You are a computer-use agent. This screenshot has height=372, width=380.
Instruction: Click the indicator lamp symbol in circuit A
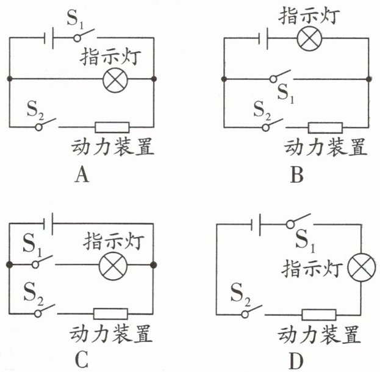pos(114,80)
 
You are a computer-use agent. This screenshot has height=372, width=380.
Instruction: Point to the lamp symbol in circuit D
pos(359,268)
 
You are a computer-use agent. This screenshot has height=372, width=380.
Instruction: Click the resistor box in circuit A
pos(113,127)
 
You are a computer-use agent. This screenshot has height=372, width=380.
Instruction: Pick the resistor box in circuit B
pos(324,128)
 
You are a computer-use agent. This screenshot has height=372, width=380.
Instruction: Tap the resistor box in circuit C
pos(110,313)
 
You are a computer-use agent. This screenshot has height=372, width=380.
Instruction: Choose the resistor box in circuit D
pos(319,315)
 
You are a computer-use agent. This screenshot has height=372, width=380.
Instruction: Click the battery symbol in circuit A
pos(49,38)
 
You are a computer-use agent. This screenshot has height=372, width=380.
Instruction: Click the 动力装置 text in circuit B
pos(326,147)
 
